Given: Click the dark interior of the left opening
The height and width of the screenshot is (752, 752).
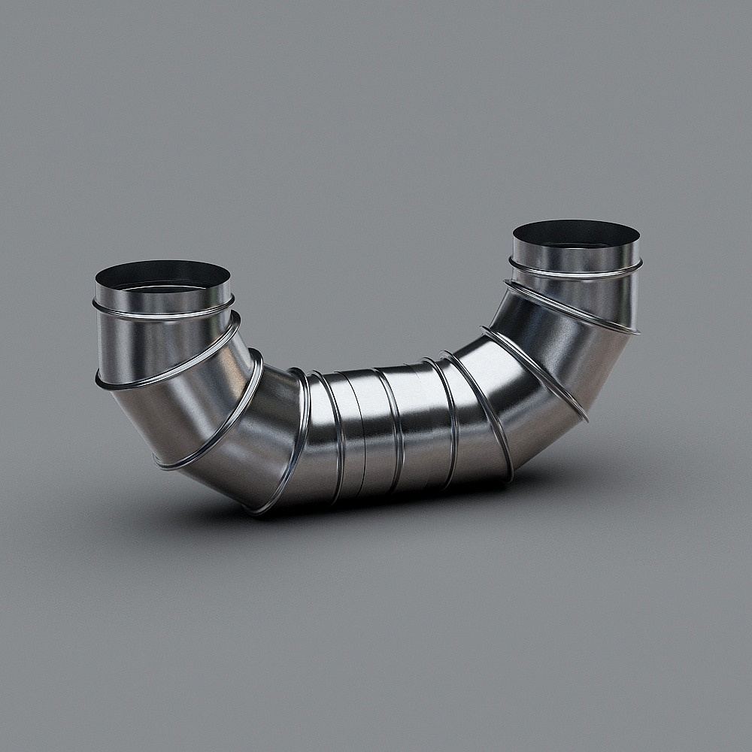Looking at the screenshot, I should (162, 277).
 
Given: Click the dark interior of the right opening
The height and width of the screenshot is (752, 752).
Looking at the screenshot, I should (576, 233).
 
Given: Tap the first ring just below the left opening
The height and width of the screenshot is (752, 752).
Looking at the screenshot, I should (163, 312).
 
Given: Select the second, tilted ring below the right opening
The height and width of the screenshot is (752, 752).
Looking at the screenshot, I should (572, 308).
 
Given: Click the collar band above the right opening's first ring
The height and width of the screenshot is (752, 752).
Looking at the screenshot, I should (575, 256).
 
